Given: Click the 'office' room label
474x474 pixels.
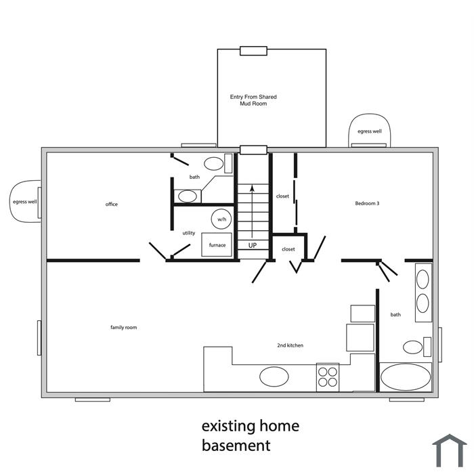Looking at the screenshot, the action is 111,204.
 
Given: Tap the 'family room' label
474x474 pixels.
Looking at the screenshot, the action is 124,327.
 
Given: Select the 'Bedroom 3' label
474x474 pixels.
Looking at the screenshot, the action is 367,203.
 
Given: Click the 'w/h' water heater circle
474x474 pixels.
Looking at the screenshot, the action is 221,219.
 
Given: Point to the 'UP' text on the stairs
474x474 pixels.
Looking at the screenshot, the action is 253,245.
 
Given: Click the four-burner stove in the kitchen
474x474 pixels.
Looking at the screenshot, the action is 328,377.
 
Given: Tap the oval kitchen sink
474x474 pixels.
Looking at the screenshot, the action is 274,376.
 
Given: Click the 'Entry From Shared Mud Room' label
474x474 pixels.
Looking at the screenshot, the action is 253,100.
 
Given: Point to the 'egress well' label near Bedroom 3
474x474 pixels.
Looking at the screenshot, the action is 370,131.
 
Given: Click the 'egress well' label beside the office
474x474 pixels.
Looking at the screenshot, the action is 25,202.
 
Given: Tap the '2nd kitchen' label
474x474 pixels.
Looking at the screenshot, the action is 290,345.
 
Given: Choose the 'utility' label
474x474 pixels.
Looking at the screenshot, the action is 189,233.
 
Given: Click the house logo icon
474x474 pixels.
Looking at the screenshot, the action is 450,450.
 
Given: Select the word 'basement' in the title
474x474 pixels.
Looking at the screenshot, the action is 236,446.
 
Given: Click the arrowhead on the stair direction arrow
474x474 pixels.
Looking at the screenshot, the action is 252,188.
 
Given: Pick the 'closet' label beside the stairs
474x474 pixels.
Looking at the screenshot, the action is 282,196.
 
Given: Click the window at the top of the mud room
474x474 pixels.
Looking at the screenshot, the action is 253,51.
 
